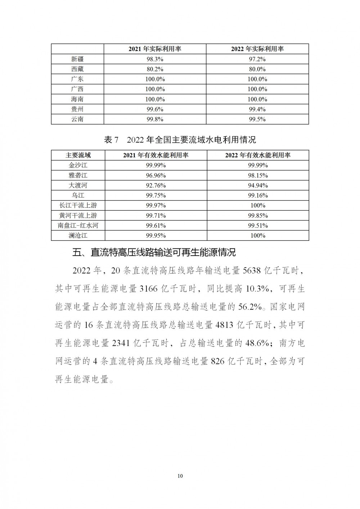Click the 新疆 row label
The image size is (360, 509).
(x=77, y=59)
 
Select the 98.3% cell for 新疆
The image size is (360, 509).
(x=155, y=59)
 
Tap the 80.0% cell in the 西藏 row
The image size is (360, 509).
(x=257, y=69)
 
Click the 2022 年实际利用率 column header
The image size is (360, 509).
(x=257, y=49)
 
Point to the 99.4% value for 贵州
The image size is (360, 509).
(x=257, y=109)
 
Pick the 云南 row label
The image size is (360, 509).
(x=77, y=119)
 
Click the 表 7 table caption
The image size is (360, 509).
(x=180, y=140)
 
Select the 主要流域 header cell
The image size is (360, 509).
(x=78, y=155)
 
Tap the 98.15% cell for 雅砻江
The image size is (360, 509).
(x=258, y=175)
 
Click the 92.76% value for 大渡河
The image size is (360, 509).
(x=156, y=185)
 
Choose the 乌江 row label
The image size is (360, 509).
(x=78, y=195)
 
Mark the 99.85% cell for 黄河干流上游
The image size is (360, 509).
(x=258, y=216)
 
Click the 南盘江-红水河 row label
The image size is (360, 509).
(x=78, y=226)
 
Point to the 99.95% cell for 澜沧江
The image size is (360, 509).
(x=156, y=236)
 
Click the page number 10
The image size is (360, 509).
(x=180, y=476)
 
